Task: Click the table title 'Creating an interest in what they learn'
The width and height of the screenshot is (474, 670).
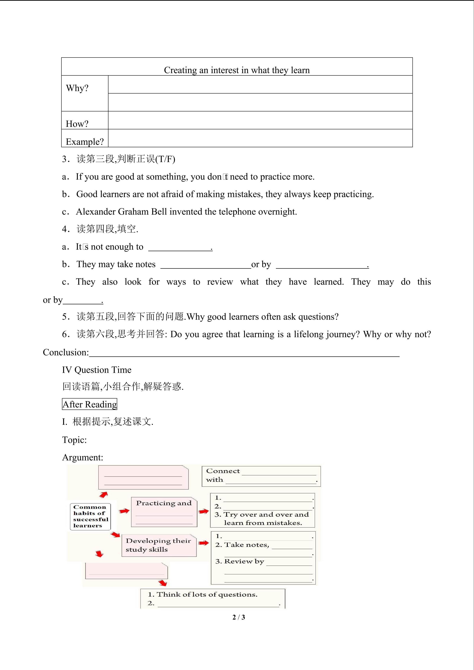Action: (x=237, y=70)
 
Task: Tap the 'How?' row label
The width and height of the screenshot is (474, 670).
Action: (x=77, y=124)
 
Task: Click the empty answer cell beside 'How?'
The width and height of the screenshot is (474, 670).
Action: (x=260, y=120)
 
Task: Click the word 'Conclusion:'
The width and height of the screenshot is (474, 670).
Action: (x=66, y=352)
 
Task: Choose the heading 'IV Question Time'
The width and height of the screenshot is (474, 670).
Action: (x=97, y=370)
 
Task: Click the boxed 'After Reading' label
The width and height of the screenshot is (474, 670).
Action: (x=90, y=404)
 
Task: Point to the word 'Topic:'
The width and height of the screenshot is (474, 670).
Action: (x=74, y=440)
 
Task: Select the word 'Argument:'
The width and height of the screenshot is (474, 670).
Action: (x=83, y=457)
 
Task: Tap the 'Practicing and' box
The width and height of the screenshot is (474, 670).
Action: (x=164, y=512)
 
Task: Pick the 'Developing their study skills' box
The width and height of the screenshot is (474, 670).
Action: (x=159, y=545)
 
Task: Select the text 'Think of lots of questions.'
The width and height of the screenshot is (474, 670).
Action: (x=207, y=594)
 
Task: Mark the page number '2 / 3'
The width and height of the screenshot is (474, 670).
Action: (x=239, y=617)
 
